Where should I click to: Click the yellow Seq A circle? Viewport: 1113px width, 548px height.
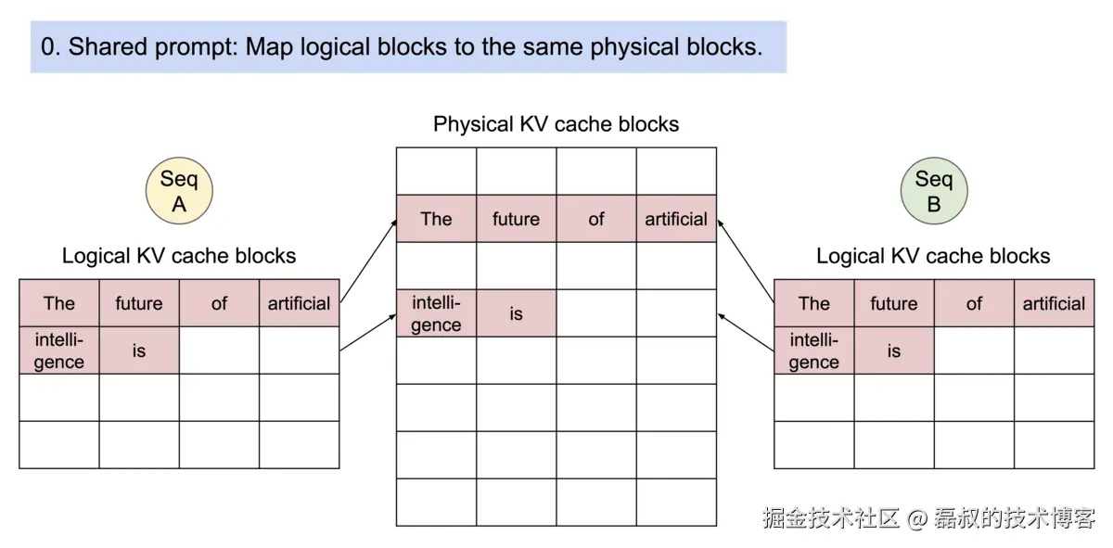point(179,192)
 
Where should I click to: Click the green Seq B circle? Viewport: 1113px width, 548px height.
point(934,192)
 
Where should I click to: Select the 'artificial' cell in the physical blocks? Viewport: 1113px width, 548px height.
point(676,219)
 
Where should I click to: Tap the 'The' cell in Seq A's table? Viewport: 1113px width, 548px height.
point(59,303)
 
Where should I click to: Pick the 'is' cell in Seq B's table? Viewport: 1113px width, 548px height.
point(893,350)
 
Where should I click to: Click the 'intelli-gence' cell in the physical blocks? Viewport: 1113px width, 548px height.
point(436,313)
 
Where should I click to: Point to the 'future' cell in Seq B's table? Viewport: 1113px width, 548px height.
point(893,303)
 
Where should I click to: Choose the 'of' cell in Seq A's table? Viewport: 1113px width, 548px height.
point(219,303)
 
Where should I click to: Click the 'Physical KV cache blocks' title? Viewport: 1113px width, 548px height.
point(556,124)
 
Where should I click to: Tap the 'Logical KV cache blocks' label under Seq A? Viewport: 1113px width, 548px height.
point(179,256)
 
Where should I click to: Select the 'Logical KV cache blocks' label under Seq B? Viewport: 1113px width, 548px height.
point(933,256)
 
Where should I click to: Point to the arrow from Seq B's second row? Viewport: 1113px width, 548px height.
point(747,334)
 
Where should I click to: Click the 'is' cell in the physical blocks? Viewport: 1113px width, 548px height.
point(516,313)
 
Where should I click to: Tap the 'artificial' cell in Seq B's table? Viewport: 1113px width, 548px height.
point(1054,303)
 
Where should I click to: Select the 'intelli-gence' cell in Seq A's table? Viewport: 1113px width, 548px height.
point(59,350)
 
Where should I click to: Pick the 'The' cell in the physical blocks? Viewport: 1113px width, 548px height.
point(436,219)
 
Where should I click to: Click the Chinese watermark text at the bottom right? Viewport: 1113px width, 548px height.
point(928,517)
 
